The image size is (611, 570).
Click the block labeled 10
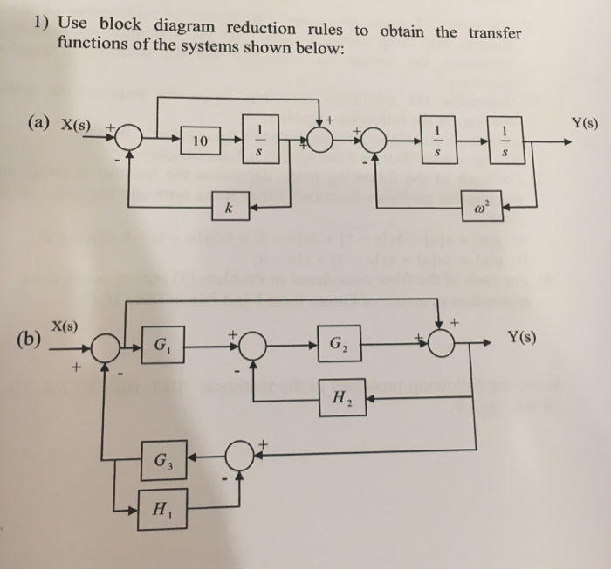coord(201,140)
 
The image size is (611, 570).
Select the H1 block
coord(162,508)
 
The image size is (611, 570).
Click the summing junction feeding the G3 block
coord(238,457)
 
